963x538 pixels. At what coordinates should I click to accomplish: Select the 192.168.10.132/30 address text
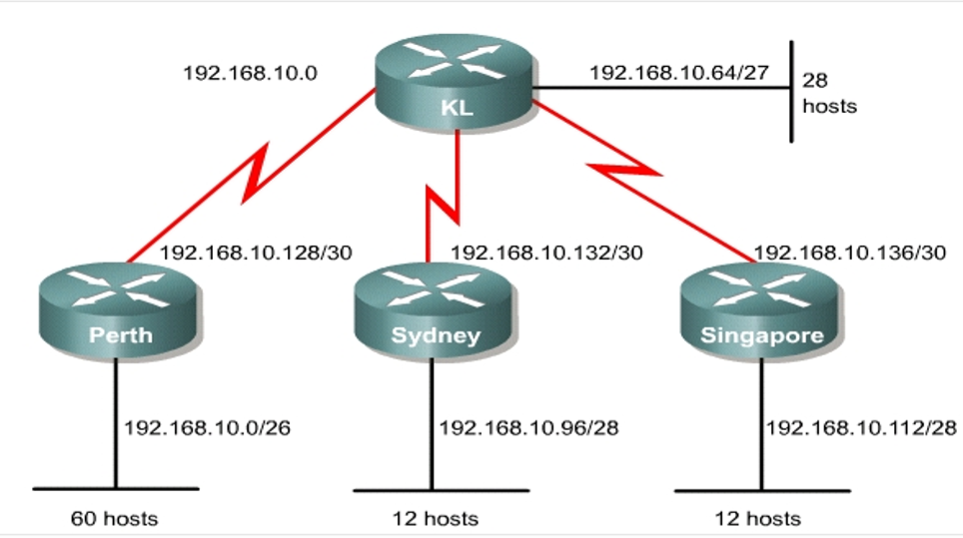(x=546, y=253)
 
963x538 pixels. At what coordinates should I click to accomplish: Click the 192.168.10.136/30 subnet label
(x=849, y=253)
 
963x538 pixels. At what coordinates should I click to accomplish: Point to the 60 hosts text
(x=114, y=518)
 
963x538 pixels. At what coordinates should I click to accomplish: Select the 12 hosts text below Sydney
(x=435, y=518)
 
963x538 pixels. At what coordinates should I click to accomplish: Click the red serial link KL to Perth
(x=250, y=176)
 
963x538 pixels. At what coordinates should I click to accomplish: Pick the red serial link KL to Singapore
(x=639, y=176)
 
